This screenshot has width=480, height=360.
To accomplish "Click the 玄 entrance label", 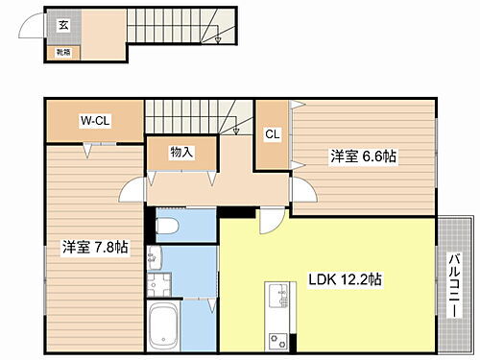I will tap(62, 25).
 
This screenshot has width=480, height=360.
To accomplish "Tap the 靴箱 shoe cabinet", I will tap(61, 53).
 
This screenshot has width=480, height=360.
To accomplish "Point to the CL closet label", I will tap(272, 134).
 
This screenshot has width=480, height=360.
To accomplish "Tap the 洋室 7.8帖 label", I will tap(96, 248).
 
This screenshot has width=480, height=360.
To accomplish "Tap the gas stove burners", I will tap(276, 339).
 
